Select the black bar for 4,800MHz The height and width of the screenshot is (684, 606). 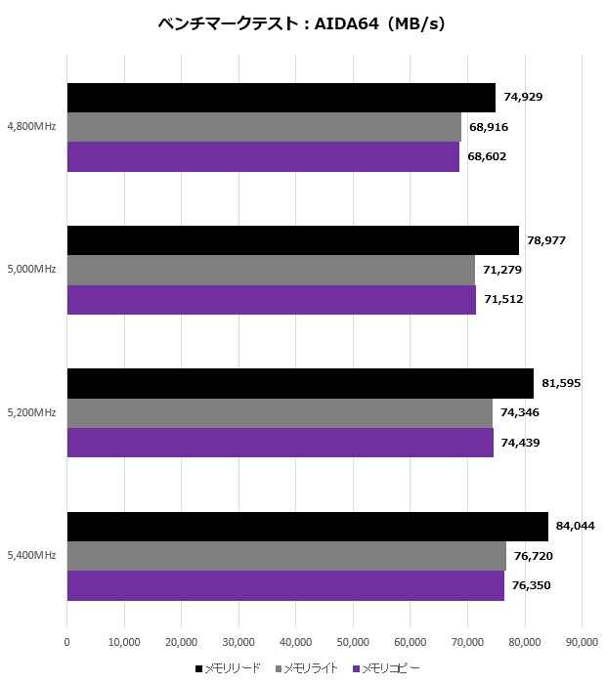(x=281, y=98)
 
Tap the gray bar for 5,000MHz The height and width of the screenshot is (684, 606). (x=271, y=270)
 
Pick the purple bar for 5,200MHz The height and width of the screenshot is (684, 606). (x=280, y=442)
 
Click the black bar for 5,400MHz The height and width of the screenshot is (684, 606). (x=307, y=527)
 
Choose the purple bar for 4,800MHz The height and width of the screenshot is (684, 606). (x=263, y=156)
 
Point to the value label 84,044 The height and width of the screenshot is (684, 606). (x=577, y=526)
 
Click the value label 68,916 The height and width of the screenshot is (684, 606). (x=489, y=127)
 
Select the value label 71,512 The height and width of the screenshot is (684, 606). (x=503, y=299)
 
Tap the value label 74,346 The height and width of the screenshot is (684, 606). (x=520, y=412)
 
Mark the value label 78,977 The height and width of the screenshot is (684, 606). (x=546, y=240)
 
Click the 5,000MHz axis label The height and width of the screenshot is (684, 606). (x=31, y=270)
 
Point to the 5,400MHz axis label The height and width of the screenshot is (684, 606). (x=31, y=555)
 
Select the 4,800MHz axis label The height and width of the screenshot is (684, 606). (x=31, y=127)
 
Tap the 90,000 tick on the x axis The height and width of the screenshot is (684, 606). (x=582, y=642)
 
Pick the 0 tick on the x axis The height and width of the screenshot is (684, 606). (x=66, y=642)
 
